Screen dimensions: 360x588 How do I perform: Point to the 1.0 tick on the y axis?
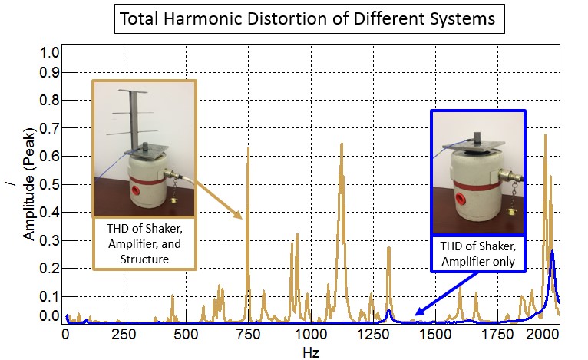click(x=50, y=53)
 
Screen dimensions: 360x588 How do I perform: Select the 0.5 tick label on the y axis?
click(x=50, y=184)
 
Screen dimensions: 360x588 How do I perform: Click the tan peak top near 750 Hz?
click(x=248, y=147)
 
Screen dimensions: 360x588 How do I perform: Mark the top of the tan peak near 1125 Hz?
click(x=341, y=144)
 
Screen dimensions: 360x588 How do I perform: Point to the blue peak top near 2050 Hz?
click(x=552, y=251)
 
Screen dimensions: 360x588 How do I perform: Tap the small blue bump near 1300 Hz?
click(x=389, y=311)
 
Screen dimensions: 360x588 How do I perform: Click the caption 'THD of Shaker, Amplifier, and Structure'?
click(x=143, y=243)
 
